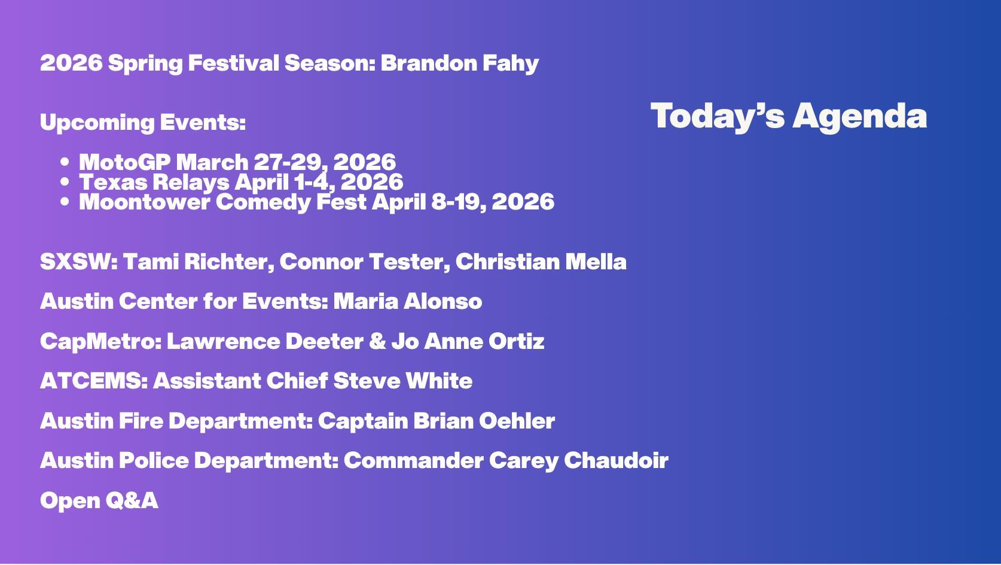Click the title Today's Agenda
pyautogui.click(x=788, y=116)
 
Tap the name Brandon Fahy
pyautogui.click(x=459, y=63)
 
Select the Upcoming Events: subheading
pyautogui.click(x=143, y=123)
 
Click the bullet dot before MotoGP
pyautogui.click(x=65, y=162)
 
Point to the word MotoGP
pyautogui.click(x=125, y=162)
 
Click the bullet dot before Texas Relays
pyautogui.click(x=65, y=182)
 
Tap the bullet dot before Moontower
pyautogui.click(x=65, y=202)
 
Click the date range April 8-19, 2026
pyautogui.click(x=463, y=202)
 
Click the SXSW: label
pyautogui.click(x=79, y=262)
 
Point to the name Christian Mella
pyautogui.click(x=541, y=262)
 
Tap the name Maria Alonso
pyautogui.click(x=408, y=301)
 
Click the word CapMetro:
pyautogui.click(x=101, y=342)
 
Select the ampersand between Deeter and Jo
pyautogui.click(x=377, y=341)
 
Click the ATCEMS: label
pyautogui.click(x=94, y=381)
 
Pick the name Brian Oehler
pyautogui.click(x=484, y=421)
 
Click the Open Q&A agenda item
pyautogui.click(x=99, y=500)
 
